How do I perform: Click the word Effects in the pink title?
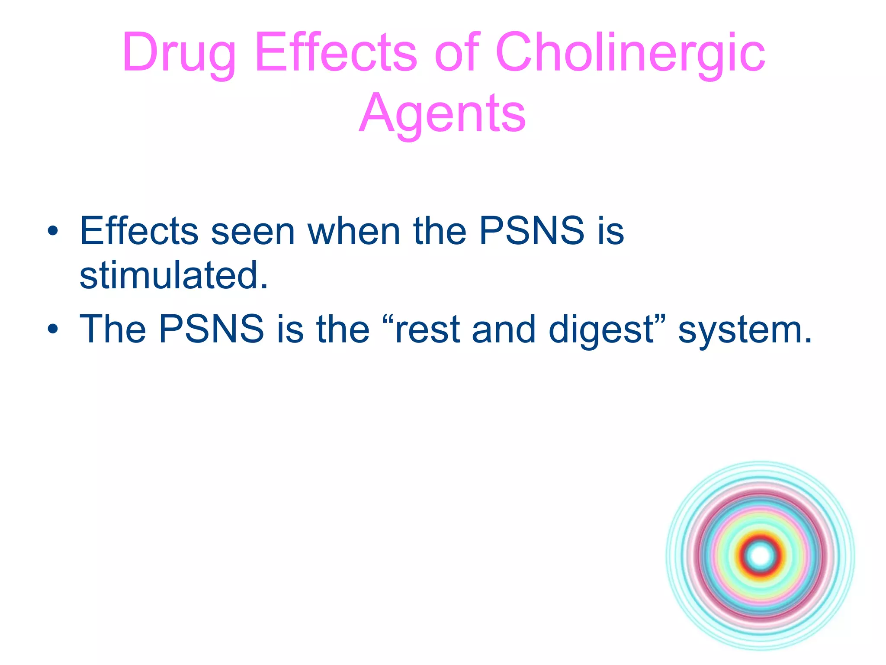coord(336,53)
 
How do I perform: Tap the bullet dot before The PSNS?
coord(53,329)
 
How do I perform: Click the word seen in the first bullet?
coord(253,232)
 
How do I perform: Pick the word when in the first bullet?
coord(353,232)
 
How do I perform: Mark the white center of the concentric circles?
coord(761,556)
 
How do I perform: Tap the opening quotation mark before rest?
coord(388,320)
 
